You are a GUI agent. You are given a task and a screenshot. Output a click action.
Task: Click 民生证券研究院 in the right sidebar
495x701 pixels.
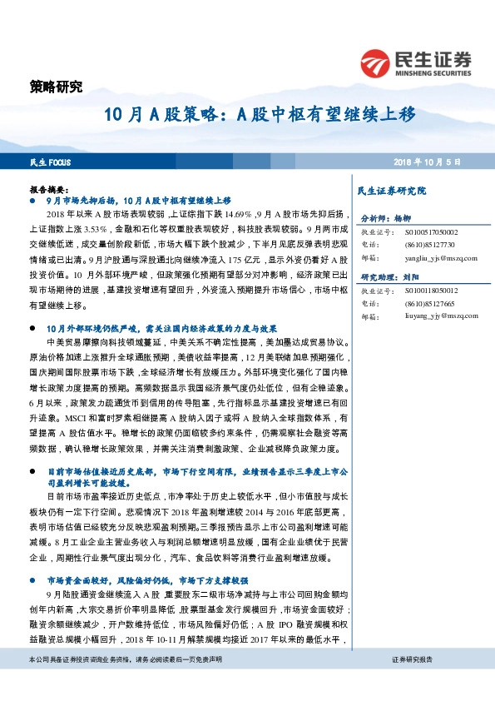pos(391,191)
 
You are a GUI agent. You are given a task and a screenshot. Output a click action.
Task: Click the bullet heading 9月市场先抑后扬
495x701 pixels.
pos(138,201)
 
